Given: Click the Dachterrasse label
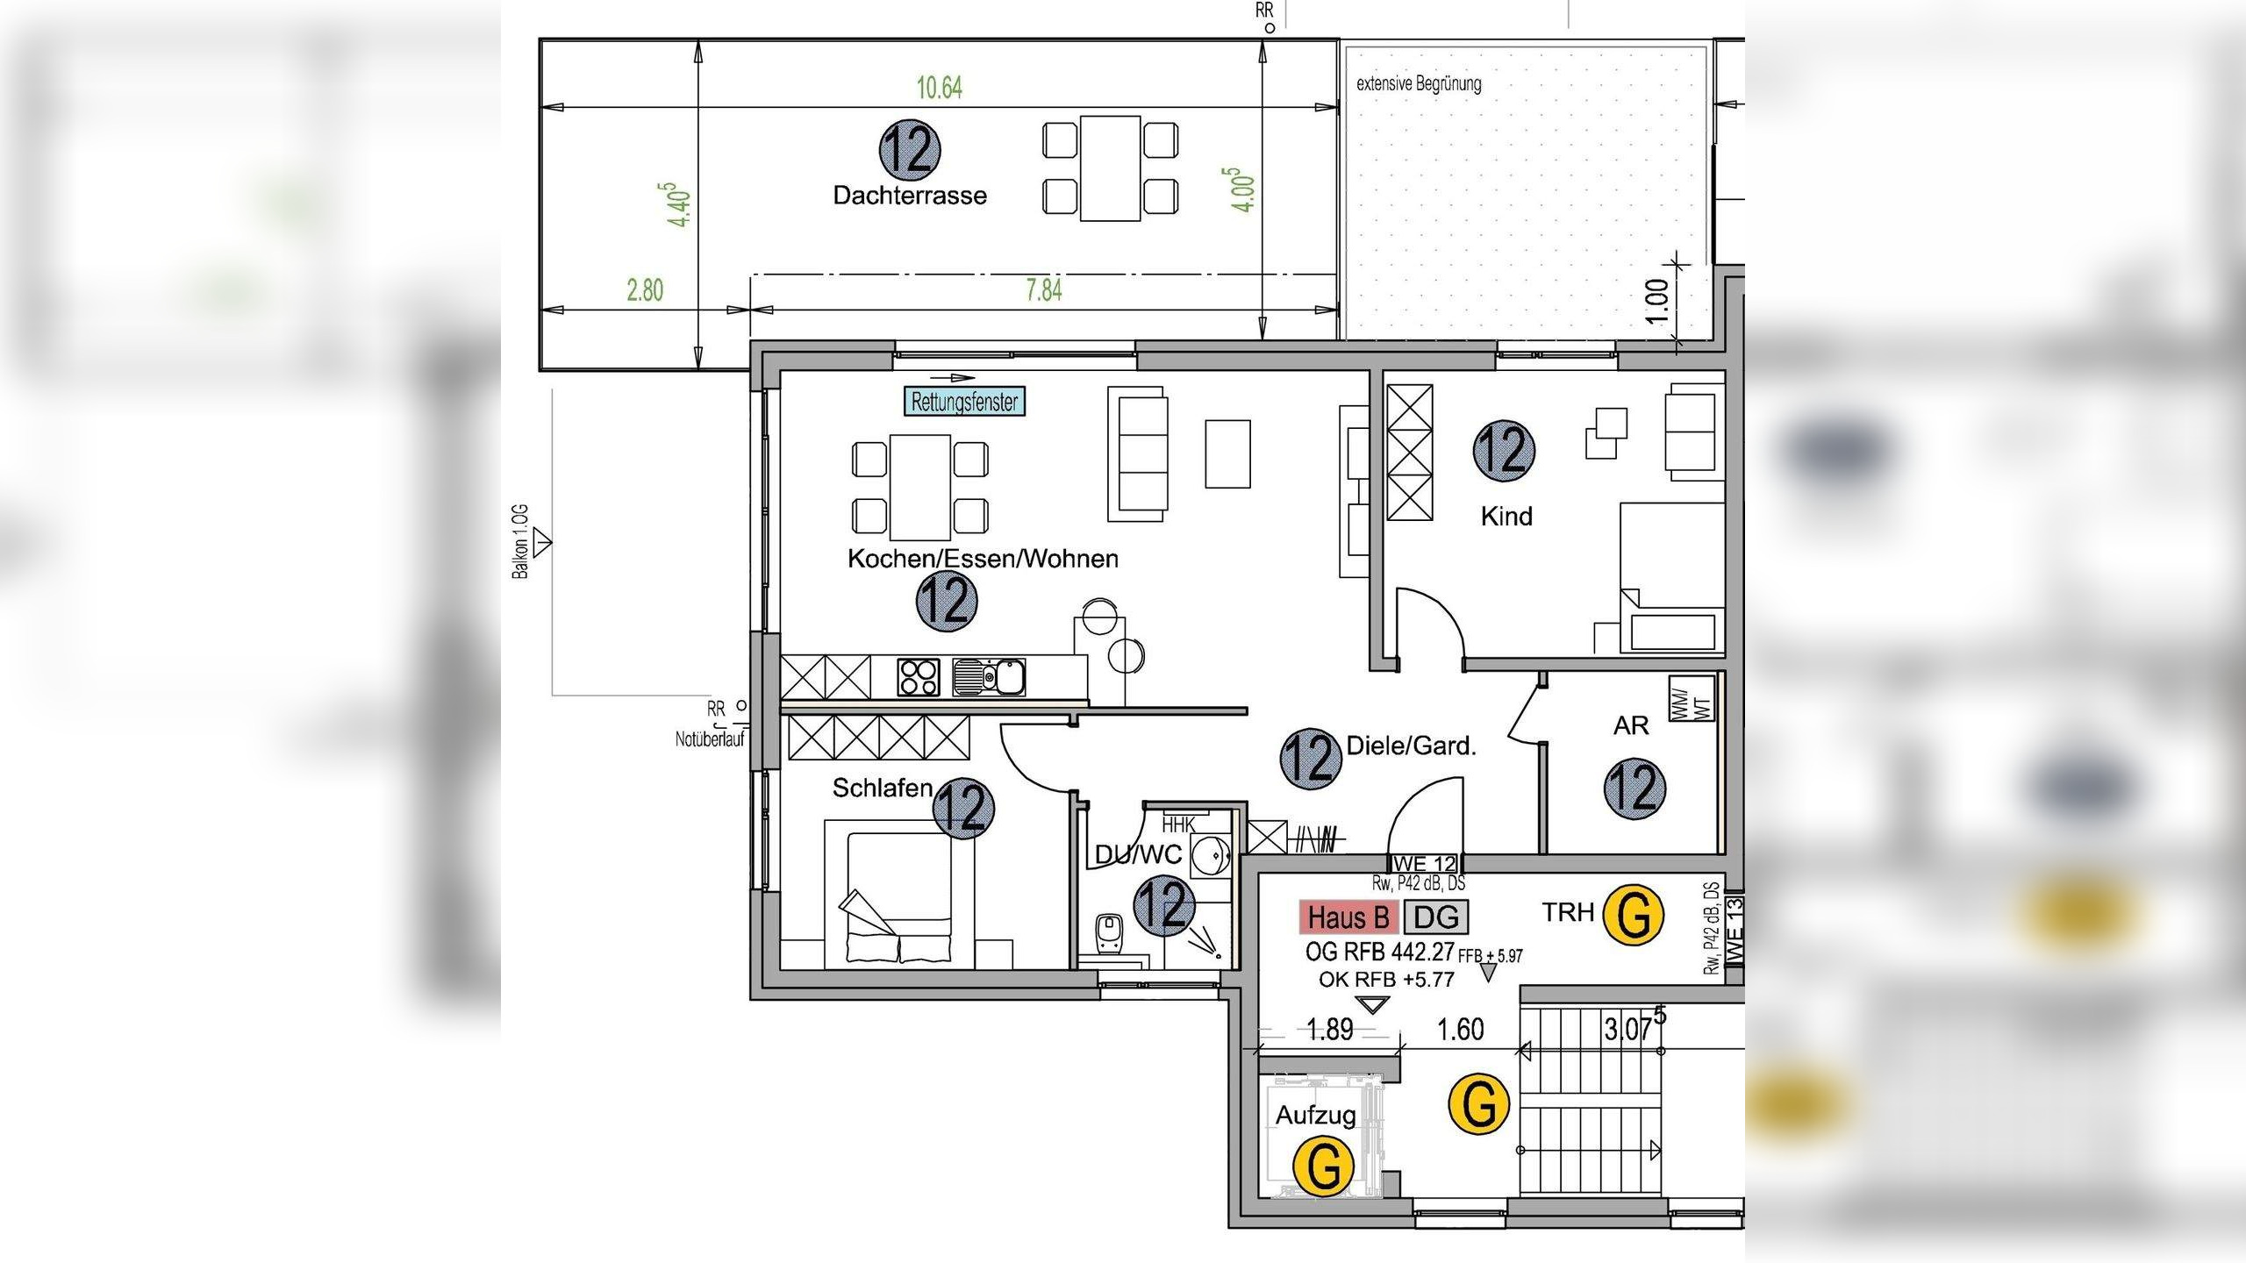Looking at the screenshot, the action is (x=910, y=195).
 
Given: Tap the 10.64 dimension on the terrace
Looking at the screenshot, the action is (x=940, y=88).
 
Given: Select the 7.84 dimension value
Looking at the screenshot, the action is (x=1044, y=289).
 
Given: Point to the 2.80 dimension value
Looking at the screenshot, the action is (x=645, y=290).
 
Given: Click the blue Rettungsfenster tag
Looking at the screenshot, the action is (x=964, y=402).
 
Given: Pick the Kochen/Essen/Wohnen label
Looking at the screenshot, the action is (x=983, y=559).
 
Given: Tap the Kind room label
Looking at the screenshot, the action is (x=1506, y=516).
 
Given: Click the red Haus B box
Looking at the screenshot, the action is (x=1348, y=917).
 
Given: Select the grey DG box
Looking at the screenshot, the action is (x=1436, y=917).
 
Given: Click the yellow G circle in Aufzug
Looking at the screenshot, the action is (x=1324, y=1166).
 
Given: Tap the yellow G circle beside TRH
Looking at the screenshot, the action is (x=1633, y=915).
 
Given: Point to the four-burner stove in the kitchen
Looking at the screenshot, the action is (x=919, y=677).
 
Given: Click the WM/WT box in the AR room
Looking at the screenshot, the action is (x=1691, y=699).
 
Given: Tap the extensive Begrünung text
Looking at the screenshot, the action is (x=1419, y=84).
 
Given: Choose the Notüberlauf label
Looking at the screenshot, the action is (x=710, y=739).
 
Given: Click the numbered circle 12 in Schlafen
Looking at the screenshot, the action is (x=963, y=808).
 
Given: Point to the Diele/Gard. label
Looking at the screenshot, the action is (x=1411, y=746).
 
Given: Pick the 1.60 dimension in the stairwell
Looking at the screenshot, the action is (x=1461, y=1029).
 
